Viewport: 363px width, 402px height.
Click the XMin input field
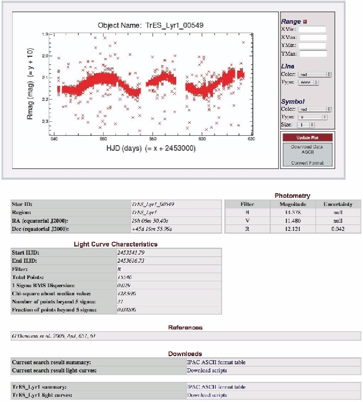pos(313,30)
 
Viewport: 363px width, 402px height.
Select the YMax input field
pos(313,54)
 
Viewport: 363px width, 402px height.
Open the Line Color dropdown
pos(314,74)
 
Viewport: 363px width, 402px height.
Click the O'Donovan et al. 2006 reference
pos(46,336)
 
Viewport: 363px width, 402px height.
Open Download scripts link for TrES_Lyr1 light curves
pos(207,395)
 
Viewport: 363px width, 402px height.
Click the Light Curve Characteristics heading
pos(117,244)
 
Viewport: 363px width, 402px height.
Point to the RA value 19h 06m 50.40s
pos(153,220)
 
